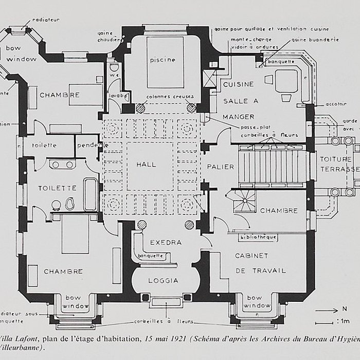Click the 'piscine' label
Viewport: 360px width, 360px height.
click(163, 60)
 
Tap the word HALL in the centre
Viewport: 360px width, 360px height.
click(146, 165)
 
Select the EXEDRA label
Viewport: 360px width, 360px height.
click(163, 242)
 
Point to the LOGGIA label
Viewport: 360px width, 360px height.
click(163, 280)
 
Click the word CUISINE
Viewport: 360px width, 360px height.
click(238, 84)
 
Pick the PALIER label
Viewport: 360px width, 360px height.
click(221, 167)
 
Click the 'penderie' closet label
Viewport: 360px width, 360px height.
click(92, 146)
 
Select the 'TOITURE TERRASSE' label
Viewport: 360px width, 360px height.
click(336, 164)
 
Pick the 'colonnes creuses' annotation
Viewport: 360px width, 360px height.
click(165, 97)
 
